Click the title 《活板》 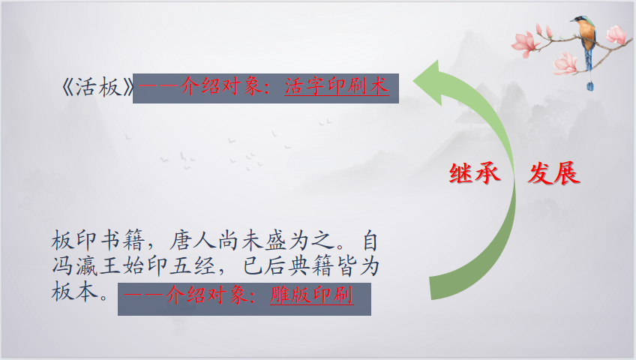point(97,87)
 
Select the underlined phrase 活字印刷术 point(337,86)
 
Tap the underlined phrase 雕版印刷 point(311,295)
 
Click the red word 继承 point(475,173)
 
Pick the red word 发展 point(553,173)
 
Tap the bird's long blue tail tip point(590,85)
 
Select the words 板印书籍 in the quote point(98,241)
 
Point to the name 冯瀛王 point(86,266)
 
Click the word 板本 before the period point(75,292)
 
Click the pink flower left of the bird point(524,44)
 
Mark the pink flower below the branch point(565,64)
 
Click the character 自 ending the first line point(370,241)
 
